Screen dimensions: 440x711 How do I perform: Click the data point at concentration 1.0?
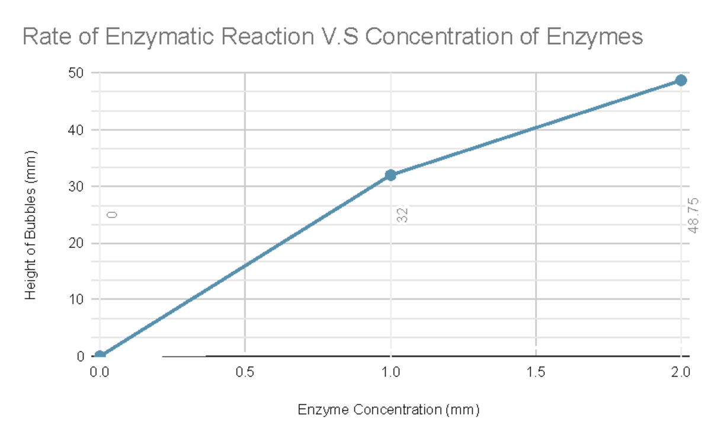pyautogui.click(x=390, y=175)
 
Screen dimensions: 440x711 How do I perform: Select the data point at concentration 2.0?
pyautogui.click(x=681, y=80)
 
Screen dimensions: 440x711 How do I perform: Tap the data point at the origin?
pyautogui.click(x=100, y=356)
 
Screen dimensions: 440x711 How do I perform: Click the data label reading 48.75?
pyautogui.click(x=694, y=215)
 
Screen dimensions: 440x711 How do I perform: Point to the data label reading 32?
pyautogui.click(x=403, y=215)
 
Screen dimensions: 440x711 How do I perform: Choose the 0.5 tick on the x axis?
pyautogui.click(x=245, y=372)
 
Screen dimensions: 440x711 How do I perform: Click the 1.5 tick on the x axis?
pyautogui.click(x=536, y=372)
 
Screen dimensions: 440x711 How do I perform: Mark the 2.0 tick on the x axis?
pyautogui.click(x=681, y=372)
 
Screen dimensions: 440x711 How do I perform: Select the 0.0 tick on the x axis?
pyautogui.click(x=100, y=372)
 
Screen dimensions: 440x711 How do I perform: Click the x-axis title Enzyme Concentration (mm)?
pyautogui.click(x=388, y=410)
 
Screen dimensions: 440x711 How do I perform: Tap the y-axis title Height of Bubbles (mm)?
pyautogui.click(x=31, y=225)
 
